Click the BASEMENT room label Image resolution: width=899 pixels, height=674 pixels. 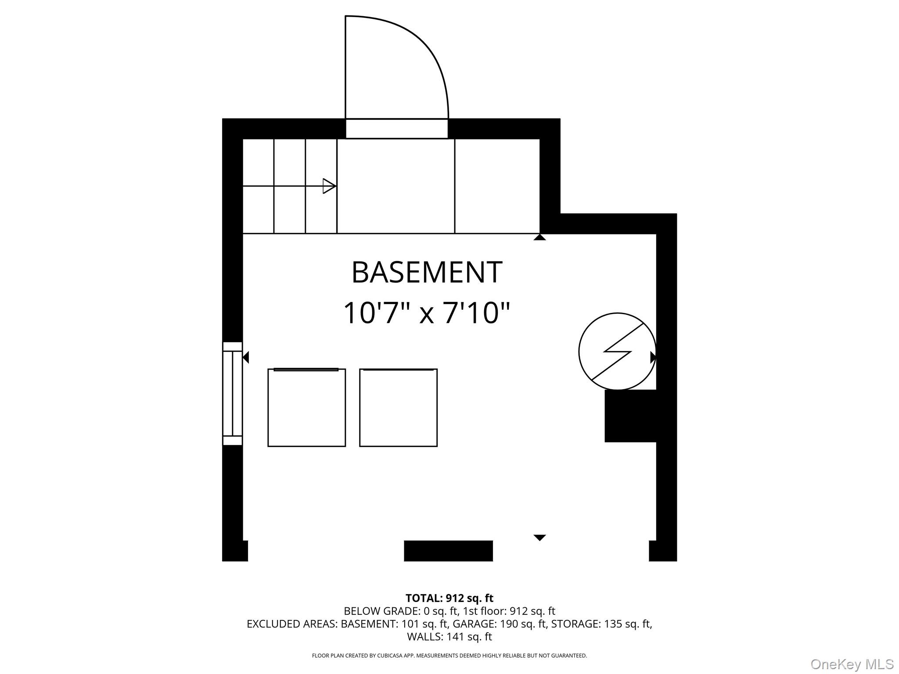click(427, 272)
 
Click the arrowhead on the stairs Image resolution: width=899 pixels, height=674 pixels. click(329, 186)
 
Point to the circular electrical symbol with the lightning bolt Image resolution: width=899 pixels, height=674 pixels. click(617, 351)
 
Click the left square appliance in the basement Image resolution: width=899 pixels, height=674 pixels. click(306, 408)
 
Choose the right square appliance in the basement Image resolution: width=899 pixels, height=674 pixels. click(398, 408)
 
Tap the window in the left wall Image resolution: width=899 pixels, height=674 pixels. click(233, 394)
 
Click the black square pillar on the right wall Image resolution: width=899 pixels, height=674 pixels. click(630, 416)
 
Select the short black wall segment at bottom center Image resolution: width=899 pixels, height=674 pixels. click(448, 551)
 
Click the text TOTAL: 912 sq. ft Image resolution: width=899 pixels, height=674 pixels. click(449, 598)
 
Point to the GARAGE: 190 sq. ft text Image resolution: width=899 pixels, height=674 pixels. click(500, 624)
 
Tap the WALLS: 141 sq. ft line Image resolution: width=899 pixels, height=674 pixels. click(449, 636)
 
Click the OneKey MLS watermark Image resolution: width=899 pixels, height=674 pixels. click(852, 664)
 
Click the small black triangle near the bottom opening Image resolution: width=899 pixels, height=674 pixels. click(539, 538)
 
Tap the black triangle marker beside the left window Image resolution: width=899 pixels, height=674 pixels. click(246, 357)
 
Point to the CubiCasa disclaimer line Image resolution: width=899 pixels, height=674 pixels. click(449, 656)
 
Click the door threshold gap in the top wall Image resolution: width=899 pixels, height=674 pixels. click(397, 129)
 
